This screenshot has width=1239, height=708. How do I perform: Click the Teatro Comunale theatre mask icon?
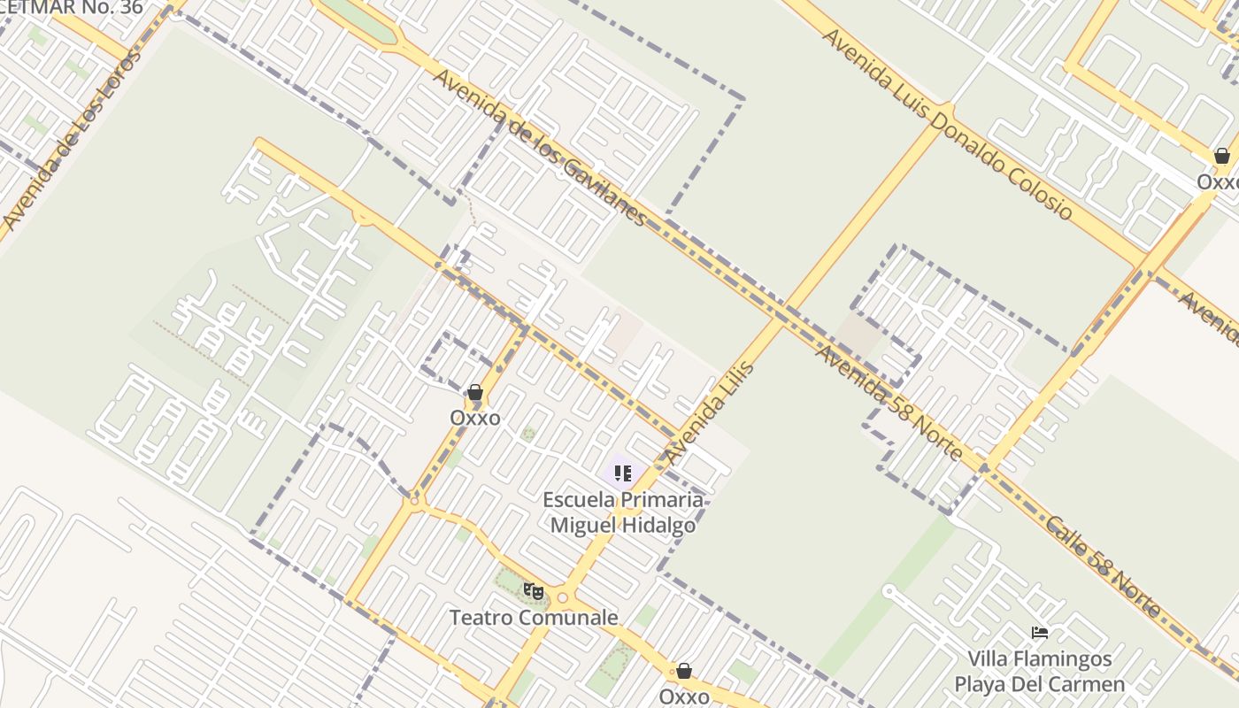click(x=533, y=590)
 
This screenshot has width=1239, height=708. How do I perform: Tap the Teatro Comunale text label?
click(x=534, y=618)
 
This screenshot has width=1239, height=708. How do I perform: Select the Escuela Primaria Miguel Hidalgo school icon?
click(x=623, y=474)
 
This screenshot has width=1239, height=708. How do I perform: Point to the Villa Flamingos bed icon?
click(x=1040, y=633)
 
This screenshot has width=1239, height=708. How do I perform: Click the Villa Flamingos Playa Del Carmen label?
click(x=1039, y=672)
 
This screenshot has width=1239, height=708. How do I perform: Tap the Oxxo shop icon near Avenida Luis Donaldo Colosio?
click(x=1221, y=157)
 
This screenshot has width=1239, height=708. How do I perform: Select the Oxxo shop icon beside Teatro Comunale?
click(x=683, y=672)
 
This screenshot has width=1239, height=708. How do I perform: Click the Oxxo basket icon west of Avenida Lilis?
click(x=475, y=392)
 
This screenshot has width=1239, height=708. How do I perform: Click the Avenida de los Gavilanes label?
click(x=541, y=147)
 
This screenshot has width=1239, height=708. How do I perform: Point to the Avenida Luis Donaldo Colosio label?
click(x=946, y=124)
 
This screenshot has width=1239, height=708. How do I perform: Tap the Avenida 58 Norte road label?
click(x=889, y=403)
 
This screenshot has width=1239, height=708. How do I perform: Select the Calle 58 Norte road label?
click(x=1103, y=566)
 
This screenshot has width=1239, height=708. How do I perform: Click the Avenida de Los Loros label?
click(x=72, y=140)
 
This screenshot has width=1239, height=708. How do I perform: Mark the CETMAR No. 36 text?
click(x=71, y=8)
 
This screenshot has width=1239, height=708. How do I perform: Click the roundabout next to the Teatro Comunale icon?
click(x=562, y=598)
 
